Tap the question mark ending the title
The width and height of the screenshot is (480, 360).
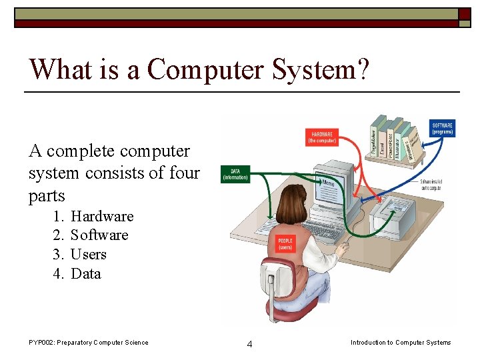pyautogui.click(x=361, y=68)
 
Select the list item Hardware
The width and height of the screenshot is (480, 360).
pyautogui.click(x=102, y=216)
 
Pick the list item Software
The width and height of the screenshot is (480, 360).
pyautogui.click(x=99, y=235)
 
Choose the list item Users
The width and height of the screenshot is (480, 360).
pyautogui.click(x=89, y=255)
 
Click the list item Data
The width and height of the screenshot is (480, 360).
pyautogui.click(x=86, y=274)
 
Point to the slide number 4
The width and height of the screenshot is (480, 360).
pyautogui.click(x=249, y=344)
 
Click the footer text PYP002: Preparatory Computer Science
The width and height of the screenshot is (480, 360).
pyautogui.click(x=89, y=343)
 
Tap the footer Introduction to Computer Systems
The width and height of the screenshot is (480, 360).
pyautogui.click(x=401, y=343)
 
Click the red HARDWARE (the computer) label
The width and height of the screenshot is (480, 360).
pyautogui.click(x=321, y=137)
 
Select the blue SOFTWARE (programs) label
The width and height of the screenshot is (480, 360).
pyautogui.click(x=443, y=128)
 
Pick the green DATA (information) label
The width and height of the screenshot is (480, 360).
pyautogui.click(x=235, y=174)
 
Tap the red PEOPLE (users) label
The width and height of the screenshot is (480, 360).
pyautogui.click(x=286, y=244)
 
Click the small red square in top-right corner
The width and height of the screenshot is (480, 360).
pyautogui.click(x=464, y=13)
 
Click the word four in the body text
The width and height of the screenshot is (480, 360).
pyautogui.click(x=184, y=173)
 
